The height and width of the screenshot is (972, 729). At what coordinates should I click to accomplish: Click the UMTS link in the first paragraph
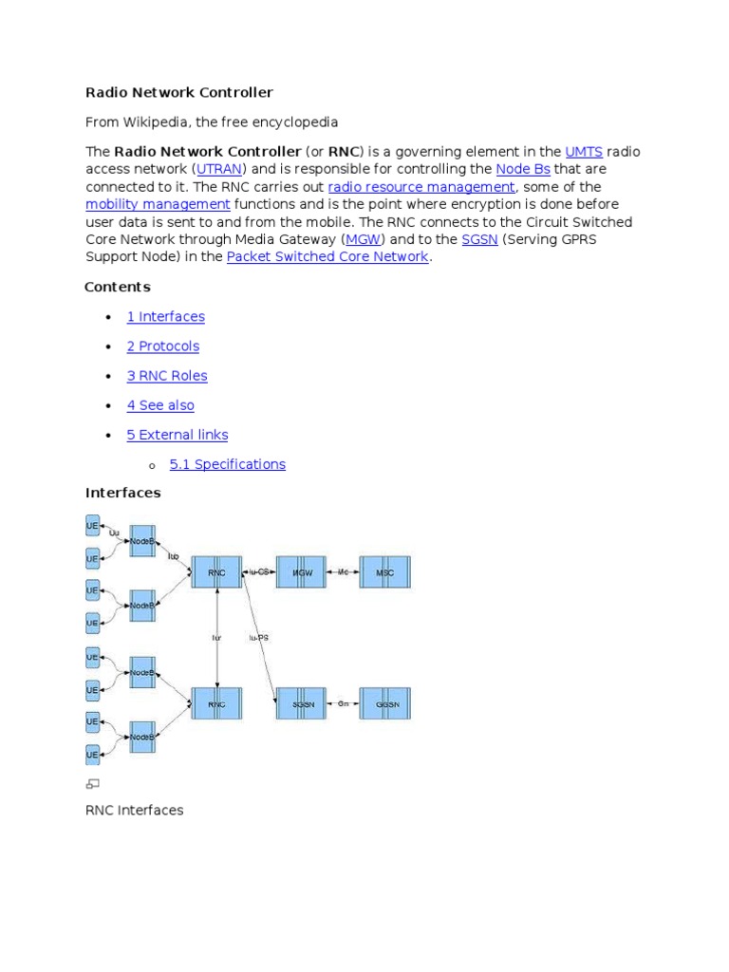click(584, 152)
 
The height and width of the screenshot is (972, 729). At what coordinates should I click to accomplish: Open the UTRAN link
click(219, 170)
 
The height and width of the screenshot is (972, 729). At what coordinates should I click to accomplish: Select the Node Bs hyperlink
click(523, 170)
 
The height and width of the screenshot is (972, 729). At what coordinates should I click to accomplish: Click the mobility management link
click(158, 205)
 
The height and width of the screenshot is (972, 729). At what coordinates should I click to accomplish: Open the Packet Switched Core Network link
click(327, 257)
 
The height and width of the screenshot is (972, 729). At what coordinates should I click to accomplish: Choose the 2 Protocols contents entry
click(163, 346)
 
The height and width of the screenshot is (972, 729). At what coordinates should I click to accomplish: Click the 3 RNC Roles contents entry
click(167, 376)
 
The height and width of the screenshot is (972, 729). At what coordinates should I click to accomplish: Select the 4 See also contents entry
click(160, 405)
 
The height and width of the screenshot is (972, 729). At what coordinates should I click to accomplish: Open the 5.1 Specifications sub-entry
click(227, 464)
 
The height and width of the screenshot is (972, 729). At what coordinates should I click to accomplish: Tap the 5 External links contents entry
click(178, 435)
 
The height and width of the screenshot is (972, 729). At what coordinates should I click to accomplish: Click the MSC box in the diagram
click(384, 572)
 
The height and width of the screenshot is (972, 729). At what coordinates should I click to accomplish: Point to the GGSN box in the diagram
click(384, 703)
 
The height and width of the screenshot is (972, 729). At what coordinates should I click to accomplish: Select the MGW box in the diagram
click(302, 572)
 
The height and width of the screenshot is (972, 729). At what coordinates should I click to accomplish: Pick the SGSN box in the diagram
click(302, 703)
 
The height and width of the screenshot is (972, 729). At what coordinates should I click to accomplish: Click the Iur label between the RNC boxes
click(216, 638)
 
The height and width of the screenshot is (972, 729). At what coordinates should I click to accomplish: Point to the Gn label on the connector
click(344, 703)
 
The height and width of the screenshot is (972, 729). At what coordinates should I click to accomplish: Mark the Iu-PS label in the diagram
click(258, 638)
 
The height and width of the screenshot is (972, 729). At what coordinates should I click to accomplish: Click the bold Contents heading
click(118, 287)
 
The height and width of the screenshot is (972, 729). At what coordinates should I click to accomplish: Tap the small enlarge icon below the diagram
click(93, 784)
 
